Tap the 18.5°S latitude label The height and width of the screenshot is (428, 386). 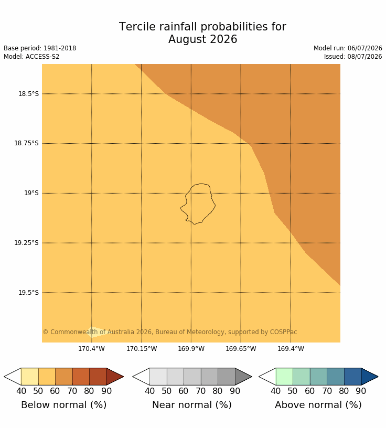pyautogui.click(x=29, y=94)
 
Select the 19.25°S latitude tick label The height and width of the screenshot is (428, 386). pyautogui.click(x=26, y=243)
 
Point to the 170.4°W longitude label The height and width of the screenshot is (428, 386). pyautogui.click(x=91, y=349)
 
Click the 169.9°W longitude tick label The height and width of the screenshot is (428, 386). pyautogui.click(x=191, y=349)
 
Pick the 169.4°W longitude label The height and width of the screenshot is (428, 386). pyautogui.click(x=291, y=349)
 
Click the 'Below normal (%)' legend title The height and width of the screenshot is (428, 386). pyautogui.click(x=63, y=405)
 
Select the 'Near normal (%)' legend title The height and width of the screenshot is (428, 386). pyautogui.click(x=192, y=405)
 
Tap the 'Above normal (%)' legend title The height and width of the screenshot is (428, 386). pyautogui.click(x=318, y=405)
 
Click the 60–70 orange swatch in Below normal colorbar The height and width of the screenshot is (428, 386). pyautogui.click(x=64, y=377)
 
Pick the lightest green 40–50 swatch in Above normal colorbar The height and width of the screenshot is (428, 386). pyautogui.click(x=284, y=377)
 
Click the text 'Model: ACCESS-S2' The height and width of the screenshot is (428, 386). pyautogui.click(x=31, y=57)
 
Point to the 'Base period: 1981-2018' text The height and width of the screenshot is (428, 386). pyautogui.click(x=40, y=48)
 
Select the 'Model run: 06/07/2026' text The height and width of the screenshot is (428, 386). pyautogui.click(x=348, y=48)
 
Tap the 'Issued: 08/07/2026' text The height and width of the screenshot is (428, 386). pyautogui.click(x=353, y=57)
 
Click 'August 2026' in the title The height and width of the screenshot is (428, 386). pyautogui.click(x=202, y=39)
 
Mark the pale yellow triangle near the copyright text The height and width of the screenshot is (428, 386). pyautogui.click(x=97, y=332)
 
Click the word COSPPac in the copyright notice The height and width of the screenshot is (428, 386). pyautogui.click(x=283, y=332)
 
